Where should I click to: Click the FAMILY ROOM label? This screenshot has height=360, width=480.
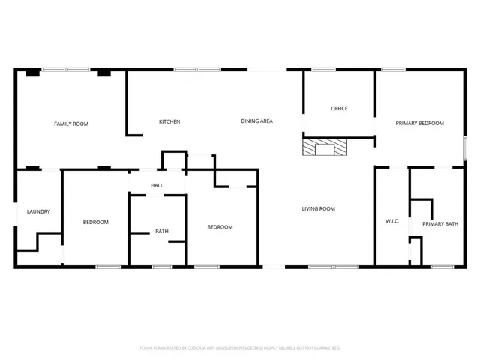point(71,124)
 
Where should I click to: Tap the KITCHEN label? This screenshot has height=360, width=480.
point(169,121)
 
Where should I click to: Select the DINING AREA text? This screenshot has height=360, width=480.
point(256,121)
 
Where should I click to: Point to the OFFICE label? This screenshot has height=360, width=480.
point(339,109)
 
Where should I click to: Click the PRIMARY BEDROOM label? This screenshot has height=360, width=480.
point(420,124)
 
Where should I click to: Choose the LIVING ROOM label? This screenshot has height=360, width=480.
point(319,208)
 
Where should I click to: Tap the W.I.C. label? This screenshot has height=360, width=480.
point(391,221)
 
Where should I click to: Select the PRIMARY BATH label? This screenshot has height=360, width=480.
point(440,224)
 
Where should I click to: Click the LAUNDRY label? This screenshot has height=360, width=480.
point(38,211)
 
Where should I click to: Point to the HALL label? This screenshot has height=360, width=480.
point(157,185)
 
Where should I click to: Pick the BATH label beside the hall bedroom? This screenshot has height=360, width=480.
point(162,231)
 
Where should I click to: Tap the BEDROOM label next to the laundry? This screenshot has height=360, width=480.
point(96,222)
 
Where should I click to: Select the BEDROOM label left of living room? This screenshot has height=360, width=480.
point(220,227)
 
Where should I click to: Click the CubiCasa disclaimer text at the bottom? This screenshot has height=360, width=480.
point(240,348)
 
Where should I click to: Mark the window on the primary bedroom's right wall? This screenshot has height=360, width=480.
point(464,147)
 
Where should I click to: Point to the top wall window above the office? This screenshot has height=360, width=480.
point(323,70)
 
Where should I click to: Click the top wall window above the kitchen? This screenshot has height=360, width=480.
point(186,70)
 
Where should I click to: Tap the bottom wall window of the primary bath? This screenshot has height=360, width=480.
point(442,265)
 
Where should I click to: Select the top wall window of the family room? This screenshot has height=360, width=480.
point(66,70)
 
